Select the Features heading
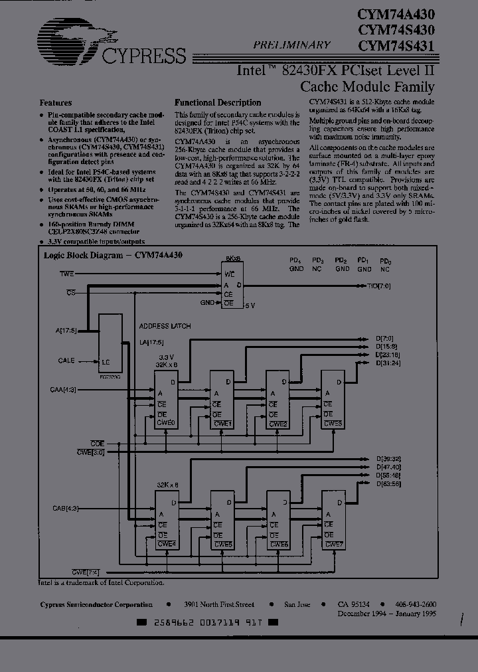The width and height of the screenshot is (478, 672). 56,103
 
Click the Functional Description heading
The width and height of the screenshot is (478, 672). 217,103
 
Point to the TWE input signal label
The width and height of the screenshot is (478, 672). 67,274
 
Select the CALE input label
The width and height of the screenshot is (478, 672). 66,361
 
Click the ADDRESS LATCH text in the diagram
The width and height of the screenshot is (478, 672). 164,327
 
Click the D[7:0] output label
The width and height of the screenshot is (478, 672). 386,339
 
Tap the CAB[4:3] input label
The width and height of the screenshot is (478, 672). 66,508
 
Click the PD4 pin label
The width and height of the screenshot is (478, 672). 296,261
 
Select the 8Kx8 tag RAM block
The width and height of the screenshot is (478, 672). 233,283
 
